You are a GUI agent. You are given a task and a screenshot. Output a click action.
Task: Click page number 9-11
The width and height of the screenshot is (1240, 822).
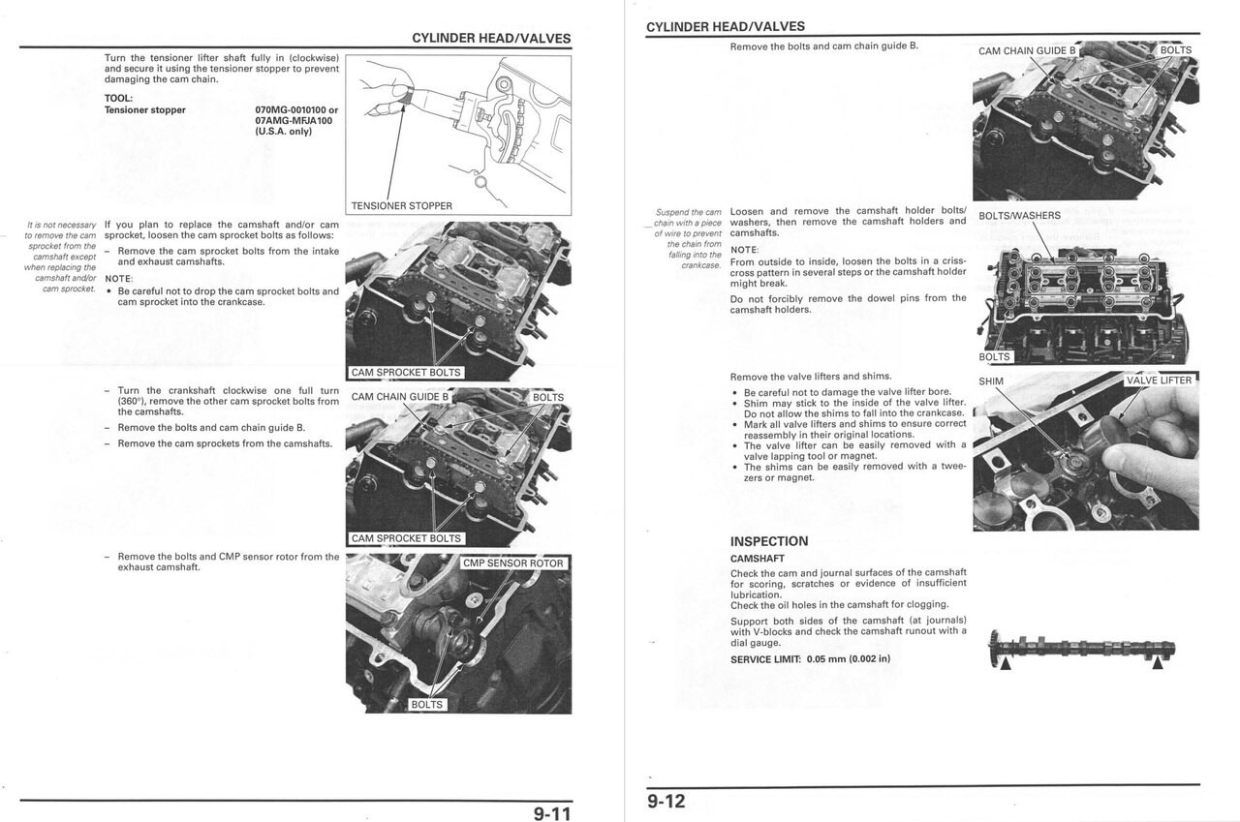pyautogui.click(x=552, y=813)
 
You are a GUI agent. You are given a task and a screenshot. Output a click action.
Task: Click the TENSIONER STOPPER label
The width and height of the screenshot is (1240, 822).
pyautogui.click(x=401, y=206)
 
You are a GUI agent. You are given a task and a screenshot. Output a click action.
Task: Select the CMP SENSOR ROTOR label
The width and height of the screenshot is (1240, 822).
pyautogui.click(x=512, y=563)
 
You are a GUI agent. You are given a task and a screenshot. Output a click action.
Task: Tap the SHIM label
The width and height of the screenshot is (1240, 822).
pyautogui.click(x=991, y=381)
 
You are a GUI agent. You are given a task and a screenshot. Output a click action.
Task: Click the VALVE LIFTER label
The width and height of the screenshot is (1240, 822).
pyautogui.click(x=1159, y=381)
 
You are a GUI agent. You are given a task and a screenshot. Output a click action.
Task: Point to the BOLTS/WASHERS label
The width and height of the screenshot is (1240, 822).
pyautogui.click(x=1019, y=216)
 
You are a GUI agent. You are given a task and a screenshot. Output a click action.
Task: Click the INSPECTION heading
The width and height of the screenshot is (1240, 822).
pyautogui.click(x=768, y=541)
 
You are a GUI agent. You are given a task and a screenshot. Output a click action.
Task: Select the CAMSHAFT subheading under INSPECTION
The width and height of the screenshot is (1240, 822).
pyautogui.click(x=757, y=559)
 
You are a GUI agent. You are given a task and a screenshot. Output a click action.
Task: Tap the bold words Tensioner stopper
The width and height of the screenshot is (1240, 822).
pyautogui.click(x=144, y=110)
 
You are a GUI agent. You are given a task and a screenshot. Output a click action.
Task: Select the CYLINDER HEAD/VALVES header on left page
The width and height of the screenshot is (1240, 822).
pyautogui.click(x=491, y=39)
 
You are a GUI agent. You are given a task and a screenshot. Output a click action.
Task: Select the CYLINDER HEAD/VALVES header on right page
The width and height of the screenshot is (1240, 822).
pyautogui.click(x=725, y=27)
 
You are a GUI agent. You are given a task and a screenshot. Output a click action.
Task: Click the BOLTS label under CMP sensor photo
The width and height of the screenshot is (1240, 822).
pyautogui.click(x=426, y=705)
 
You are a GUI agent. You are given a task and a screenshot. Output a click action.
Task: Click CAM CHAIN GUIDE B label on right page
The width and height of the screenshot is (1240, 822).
pyautogui.click(x=1027, y=51)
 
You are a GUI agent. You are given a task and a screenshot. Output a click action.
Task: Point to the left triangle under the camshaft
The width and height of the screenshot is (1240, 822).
pyautogui.click(x=1006, y=663)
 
